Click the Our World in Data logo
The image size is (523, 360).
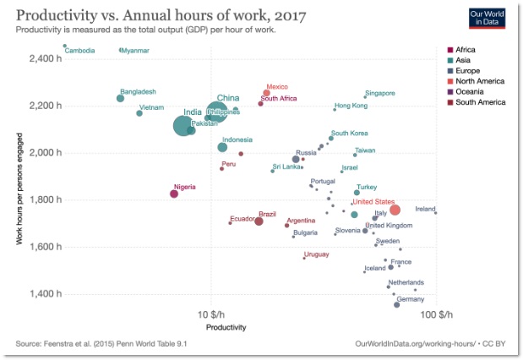[488, 18]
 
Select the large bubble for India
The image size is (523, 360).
[183, 125]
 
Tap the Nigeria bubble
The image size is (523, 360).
[174, 194]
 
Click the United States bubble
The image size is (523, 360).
[395, 210]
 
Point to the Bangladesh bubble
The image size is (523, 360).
[120, 98]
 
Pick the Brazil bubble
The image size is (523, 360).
[259, 221]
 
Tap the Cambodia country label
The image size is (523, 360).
[79, 51]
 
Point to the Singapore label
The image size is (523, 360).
[380, 93]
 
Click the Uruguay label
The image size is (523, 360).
[316, 254]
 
